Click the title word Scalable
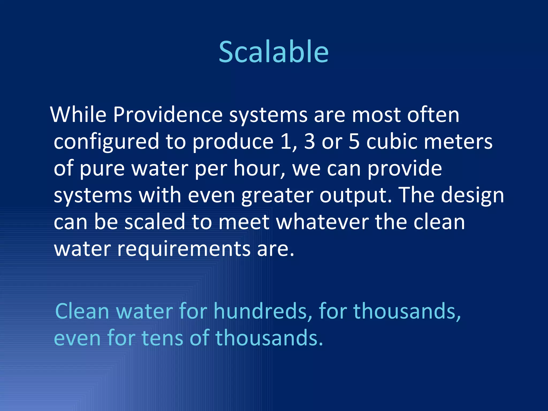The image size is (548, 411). pos(273,52)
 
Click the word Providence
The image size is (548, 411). pos(168,115)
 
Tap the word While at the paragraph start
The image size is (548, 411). pos(78,115)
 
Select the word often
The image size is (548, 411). pos(433,115)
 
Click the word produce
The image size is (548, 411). pos(233,142)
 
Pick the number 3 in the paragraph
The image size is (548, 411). pos(310,142)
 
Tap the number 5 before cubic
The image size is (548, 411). pos(354,142)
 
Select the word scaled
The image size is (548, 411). pos(155,222)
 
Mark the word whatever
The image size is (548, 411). pos(322,222)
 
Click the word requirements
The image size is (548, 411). pos(184,249)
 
